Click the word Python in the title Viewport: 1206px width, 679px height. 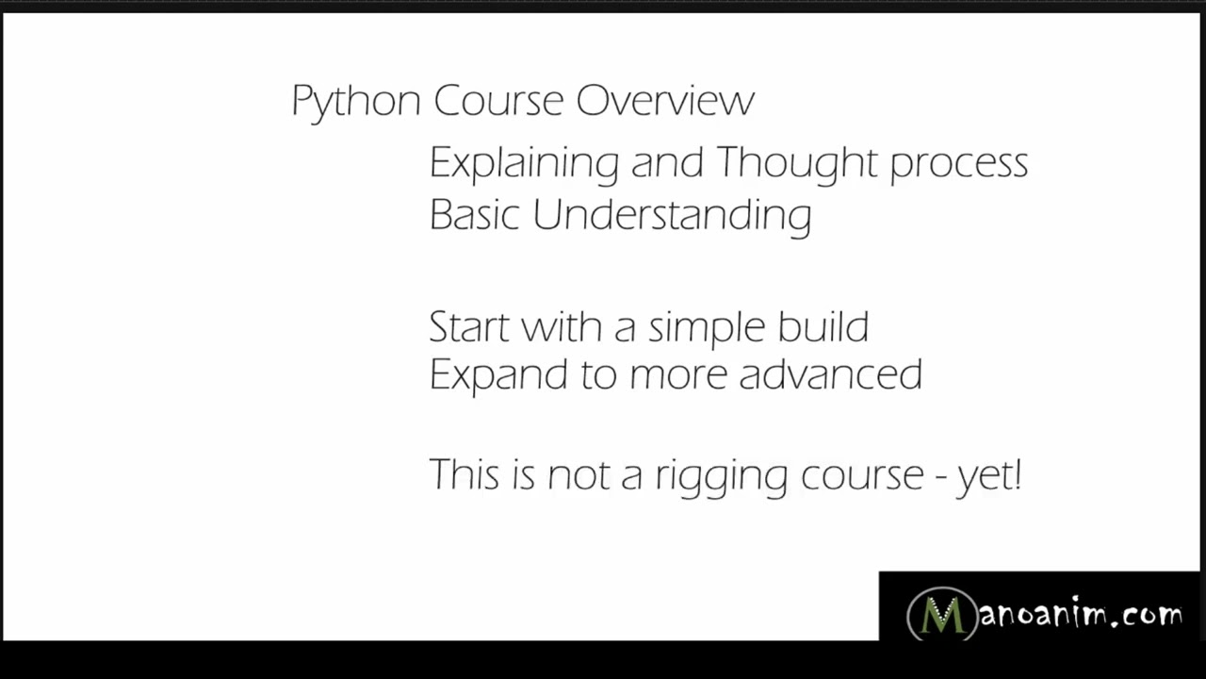coord(355,101)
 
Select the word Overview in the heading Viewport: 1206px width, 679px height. coord(665,100)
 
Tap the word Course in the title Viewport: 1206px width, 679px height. coord(497,100)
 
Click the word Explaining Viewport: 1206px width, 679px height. coord(524,163)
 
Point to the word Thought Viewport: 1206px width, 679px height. coord(797,163)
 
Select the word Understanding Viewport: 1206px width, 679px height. coord(672,216)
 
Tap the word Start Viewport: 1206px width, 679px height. coord(468,327)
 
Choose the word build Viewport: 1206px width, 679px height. coord(823,326)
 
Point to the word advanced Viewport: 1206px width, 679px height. coord(830,374)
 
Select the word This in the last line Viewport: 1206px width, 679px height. coord(464,473)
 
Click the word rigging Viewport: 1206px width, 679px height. coord(721,475)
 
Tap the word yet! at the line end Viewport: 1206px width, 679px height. coord(989,475)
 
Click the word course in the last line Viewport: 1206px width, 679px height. coord(862,475)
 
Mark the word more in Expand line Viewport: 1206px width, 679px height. coord(678,375)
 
